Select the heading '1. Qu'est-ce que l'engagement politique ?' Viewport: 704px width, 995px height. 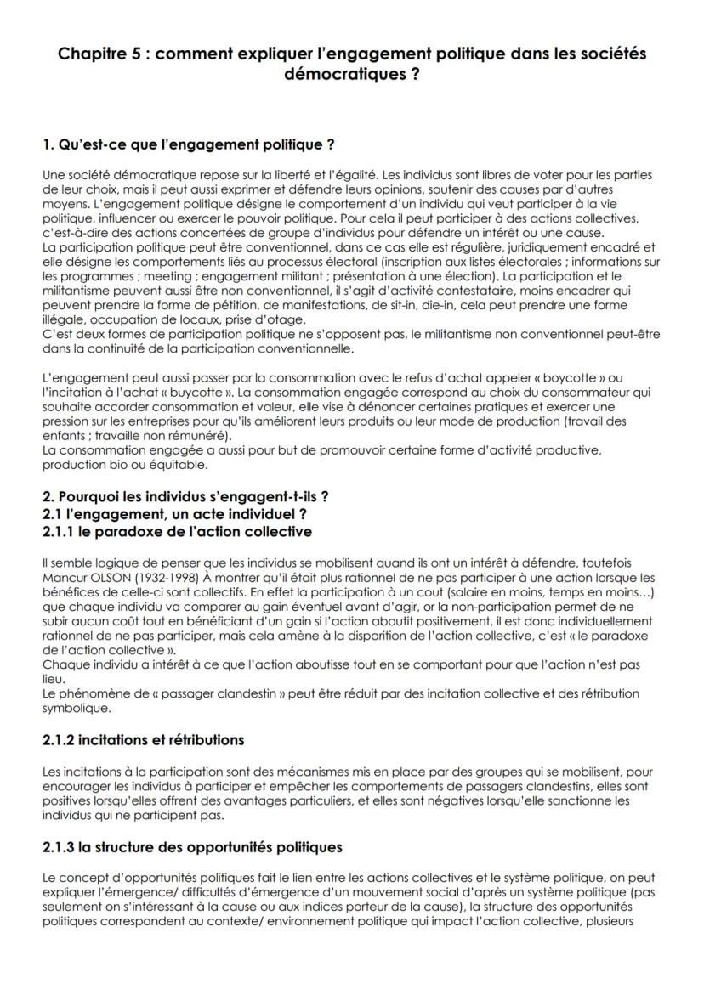[188, 144]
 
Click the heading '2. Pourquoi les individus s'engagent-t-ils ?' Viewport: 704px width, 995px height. [185, 496]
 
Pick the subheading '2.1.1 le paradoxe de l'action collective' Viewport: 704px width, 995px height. [177, 532]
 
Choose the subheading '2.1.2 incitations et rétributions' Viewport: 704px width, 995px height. [143, 739]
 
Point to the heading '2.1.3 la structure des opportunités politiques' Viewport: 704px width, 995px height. [192, 846]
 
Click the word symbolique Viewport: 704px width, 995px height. [75, 707]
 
